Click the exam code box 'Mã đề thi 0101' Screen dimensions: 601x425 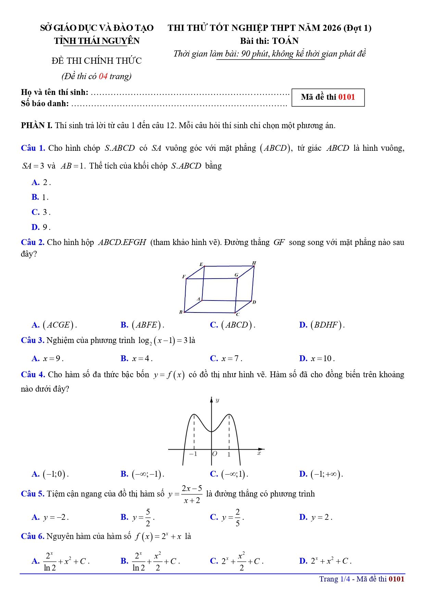(328, 97)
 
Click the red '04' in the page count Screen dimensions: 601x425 (103, 76)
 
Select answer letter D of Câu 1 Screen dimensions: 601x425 (35, 227)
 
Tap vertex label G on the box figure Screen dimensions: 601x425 (236, 275)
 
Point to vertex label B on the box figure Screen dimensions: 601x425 (181, 312)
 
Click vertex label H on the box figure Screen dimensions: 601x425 (254, 263)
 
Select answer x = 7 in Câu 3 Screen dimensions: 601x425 (231, 359)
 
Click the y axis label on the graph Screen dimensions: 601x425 (217, 400)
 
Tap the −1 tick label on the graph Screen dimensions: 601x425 (193, 454)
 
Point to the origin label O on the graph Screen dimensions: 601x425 (215, 454)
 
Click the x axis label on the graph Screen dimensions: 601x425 (259, 453)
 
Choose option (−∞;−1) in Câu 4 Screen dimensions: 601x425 (148, 474)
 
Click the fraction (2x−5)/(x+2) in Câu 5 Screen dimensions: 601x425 (192, 494)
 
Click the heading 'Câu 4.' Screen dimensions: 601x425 (33, 375)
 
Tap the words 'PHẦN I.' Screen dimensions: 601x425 (37, 125)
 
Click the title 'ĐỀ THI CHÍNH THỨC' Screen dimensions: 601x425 (97, 61)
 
